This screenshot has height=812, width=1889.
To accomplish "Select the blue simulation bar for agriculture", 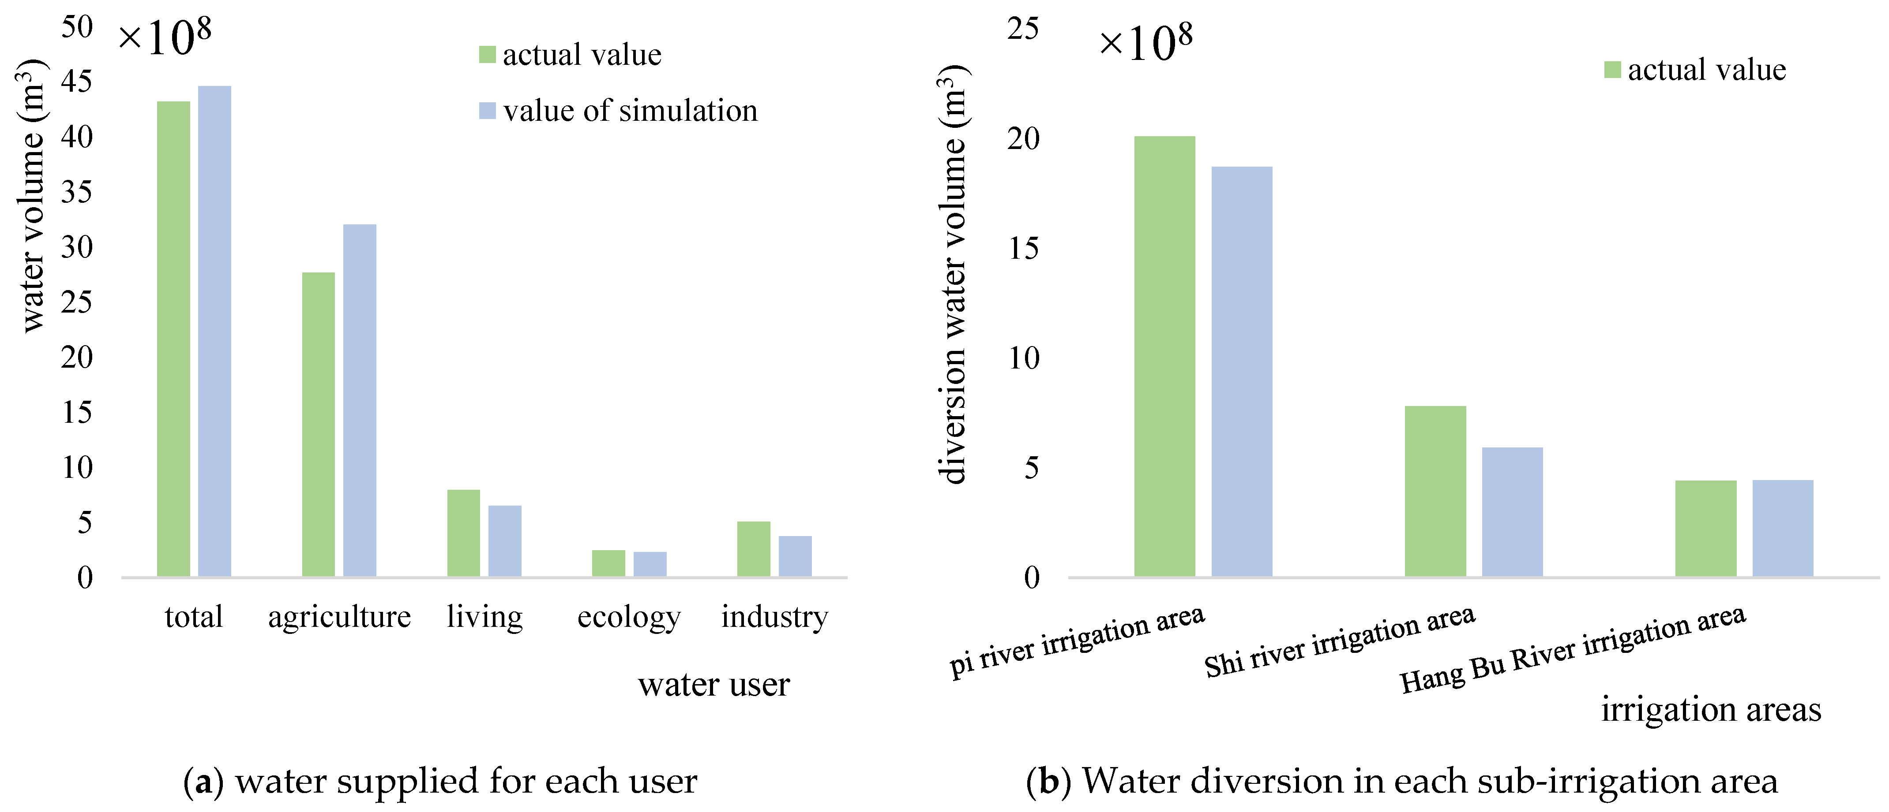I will (x=359, y=400).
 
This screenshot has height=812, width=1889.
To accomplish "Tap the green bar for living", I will (x=463, y=533).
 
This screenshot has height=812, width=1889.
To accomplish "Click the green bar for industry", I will (x=753, y=548).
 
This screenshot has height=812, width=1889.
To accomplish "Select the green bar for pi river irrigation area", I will (x=1164, y=356).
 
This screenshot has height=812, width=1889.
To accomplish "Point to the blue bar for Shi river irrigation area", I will (x=1512, y=511).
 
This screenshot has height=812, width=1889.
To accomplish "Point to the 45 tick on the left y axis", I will (x=77, y=82).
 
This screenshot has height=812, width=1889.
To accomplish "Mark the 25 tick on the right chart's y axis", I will (x=1023, y=29).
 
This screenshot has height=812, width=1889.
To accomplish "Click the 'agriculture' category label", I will (x=339, y=617).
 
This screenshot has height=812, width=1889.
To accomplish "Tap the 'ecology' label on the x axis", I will (x=628, y=617).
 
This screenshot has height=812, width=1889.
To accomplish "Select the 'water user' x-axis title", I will (x=714, y=685).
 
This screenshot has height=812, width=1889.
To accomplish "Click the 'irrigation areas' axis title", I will (x=1711, y=709).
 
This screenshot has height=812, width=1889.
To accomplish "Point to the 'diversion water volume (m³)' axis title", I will (x=953, y=275).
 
